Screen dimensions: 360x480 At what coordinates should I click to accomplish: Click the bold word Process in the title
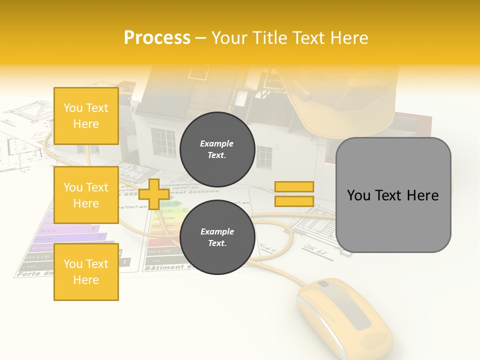coord(157,38)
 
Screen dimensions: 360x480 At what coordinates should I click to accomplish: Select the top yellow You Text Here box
coord(86,116)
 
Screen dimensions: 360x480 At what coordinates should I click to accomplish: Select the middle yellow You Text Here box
coord(86,195)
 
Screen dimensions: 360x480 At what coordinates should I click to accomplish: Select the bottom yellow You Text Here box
coord(86,272)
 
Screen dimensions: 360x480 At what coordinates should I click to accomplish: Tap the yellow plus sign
coord(153,194)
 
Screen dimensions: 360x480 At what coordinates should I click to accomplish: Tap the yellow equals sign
coord(294,194)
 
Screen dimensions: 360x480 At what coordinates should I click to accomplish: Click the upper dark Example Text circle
coord(217,149)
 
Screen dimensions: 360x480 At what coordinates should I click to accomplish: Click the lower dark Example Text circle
coord(217,237)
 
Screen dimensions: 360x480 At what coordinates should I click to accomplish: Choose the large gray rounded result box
coord(393,195)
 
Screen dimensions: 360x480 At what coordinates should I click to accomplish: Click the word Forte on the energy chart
coord(28,274)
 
